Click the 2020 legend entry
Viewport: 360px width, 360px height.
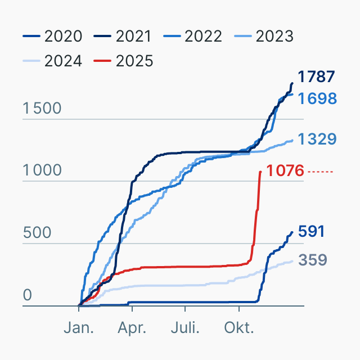click(53, 37)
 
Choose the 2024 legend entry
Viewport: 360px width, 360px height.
click(53, 61)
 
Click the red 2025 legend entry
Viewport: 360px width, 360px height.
click(124, 61)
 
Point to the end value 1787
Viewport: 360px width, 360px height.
click(316, 76)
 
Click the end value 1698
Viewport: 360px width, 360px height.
click(317, 98)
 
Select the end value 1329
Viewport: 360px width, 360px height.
click(317, 139)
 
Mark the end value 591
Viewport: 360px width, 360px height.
click(311, 231)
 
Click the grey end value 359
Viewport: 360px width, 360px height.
click(311, 260)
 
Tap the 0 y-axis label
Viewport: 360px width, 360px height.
click(28, 296)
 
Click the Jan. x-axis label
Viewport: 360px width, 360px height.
click(79, 327)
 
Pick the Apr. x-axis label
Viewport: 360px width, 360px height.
click(132, 327)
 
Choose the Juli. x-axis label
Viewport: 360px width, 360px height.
click(185, 327)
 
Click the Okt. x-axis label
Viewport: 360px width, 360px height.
click(238, 327)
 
